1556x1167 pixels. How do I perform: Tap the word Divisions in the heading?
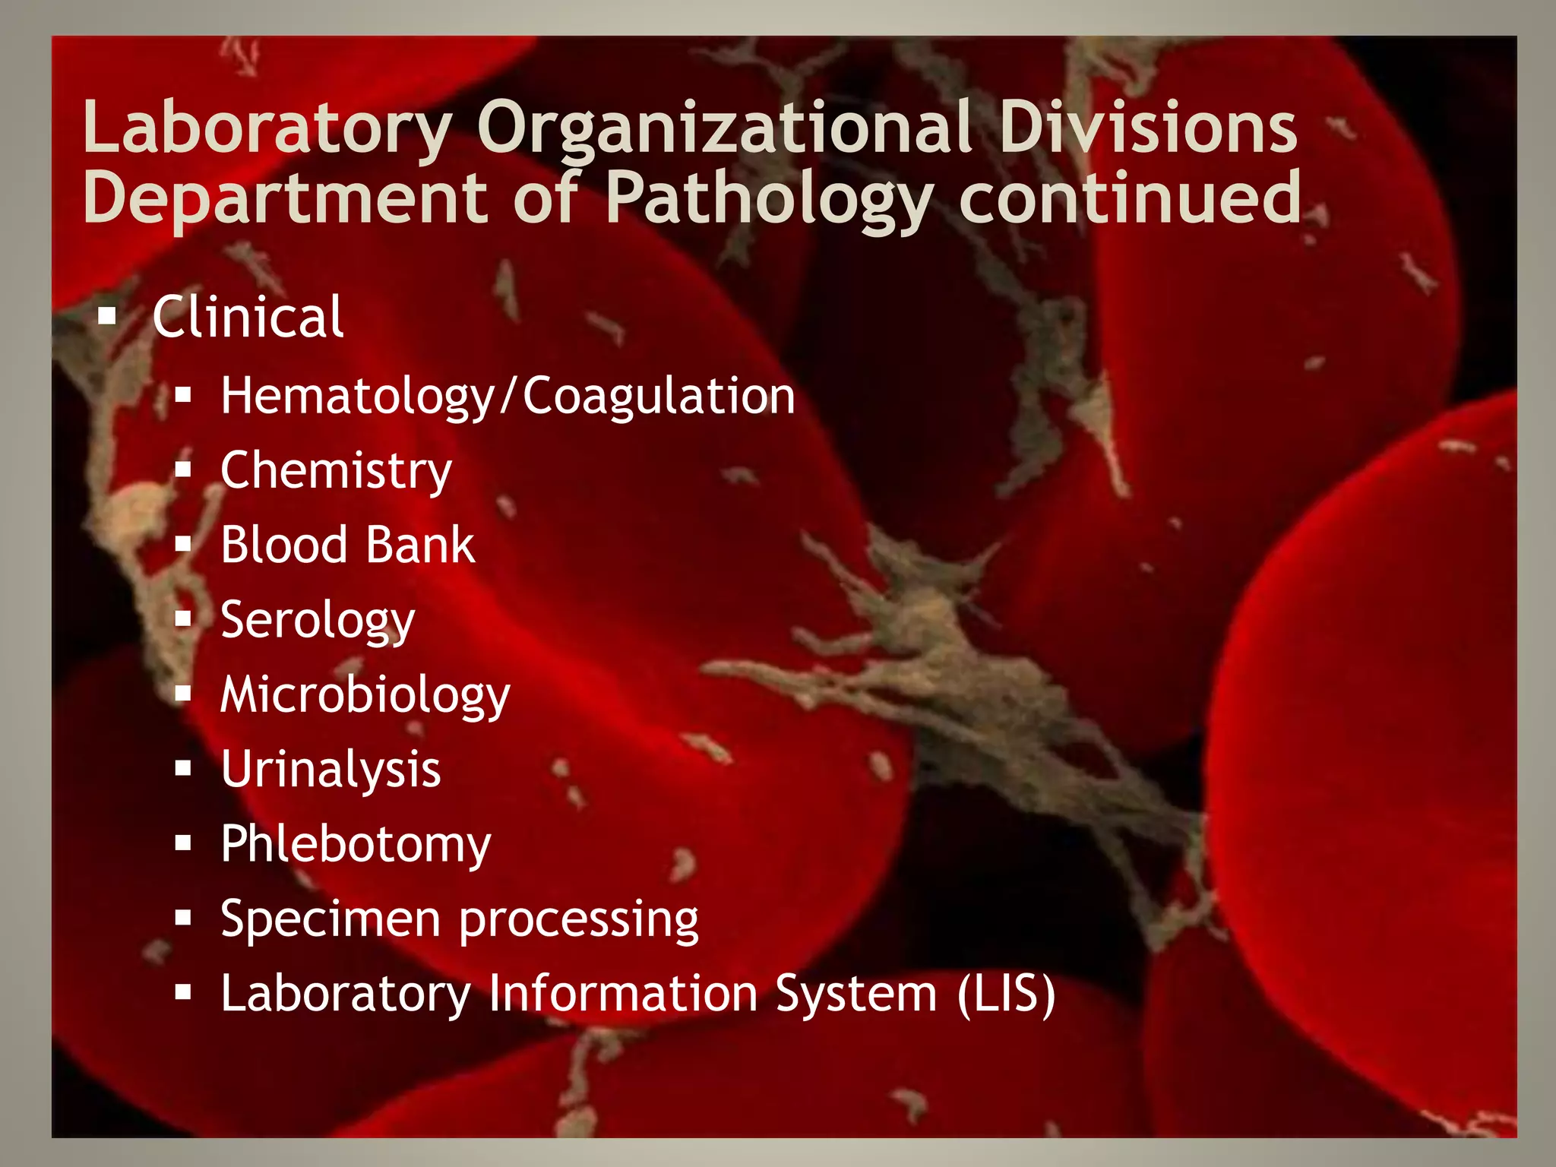tap(1147, 128)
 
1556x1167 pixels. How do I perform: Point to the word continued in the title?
tap(1130, 198)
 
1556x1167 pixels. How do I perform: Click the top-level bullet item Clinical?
tap(248, 317)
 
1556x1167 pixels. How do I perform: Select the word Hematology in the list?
tap(357, 397)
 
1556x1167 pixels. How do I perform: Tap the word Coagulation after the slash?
tap(659, 397)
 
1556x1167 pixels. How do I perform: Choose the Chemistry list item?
tap(336, 471)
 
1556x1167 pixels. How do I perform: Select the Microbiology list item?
tap(365, 695)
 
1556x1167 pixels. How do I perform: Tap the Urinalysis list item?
tap(330, 770)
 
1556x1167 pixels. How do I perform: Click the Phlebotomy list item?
tap(356, 845)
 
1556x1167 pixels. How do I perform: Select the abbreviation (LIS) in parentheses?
tap(1006, 994)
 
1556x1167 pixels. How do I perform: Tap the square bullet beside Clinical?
tap(107, 315)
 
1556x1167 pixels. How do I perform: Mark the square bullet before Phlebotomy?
tap(182, 843)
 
